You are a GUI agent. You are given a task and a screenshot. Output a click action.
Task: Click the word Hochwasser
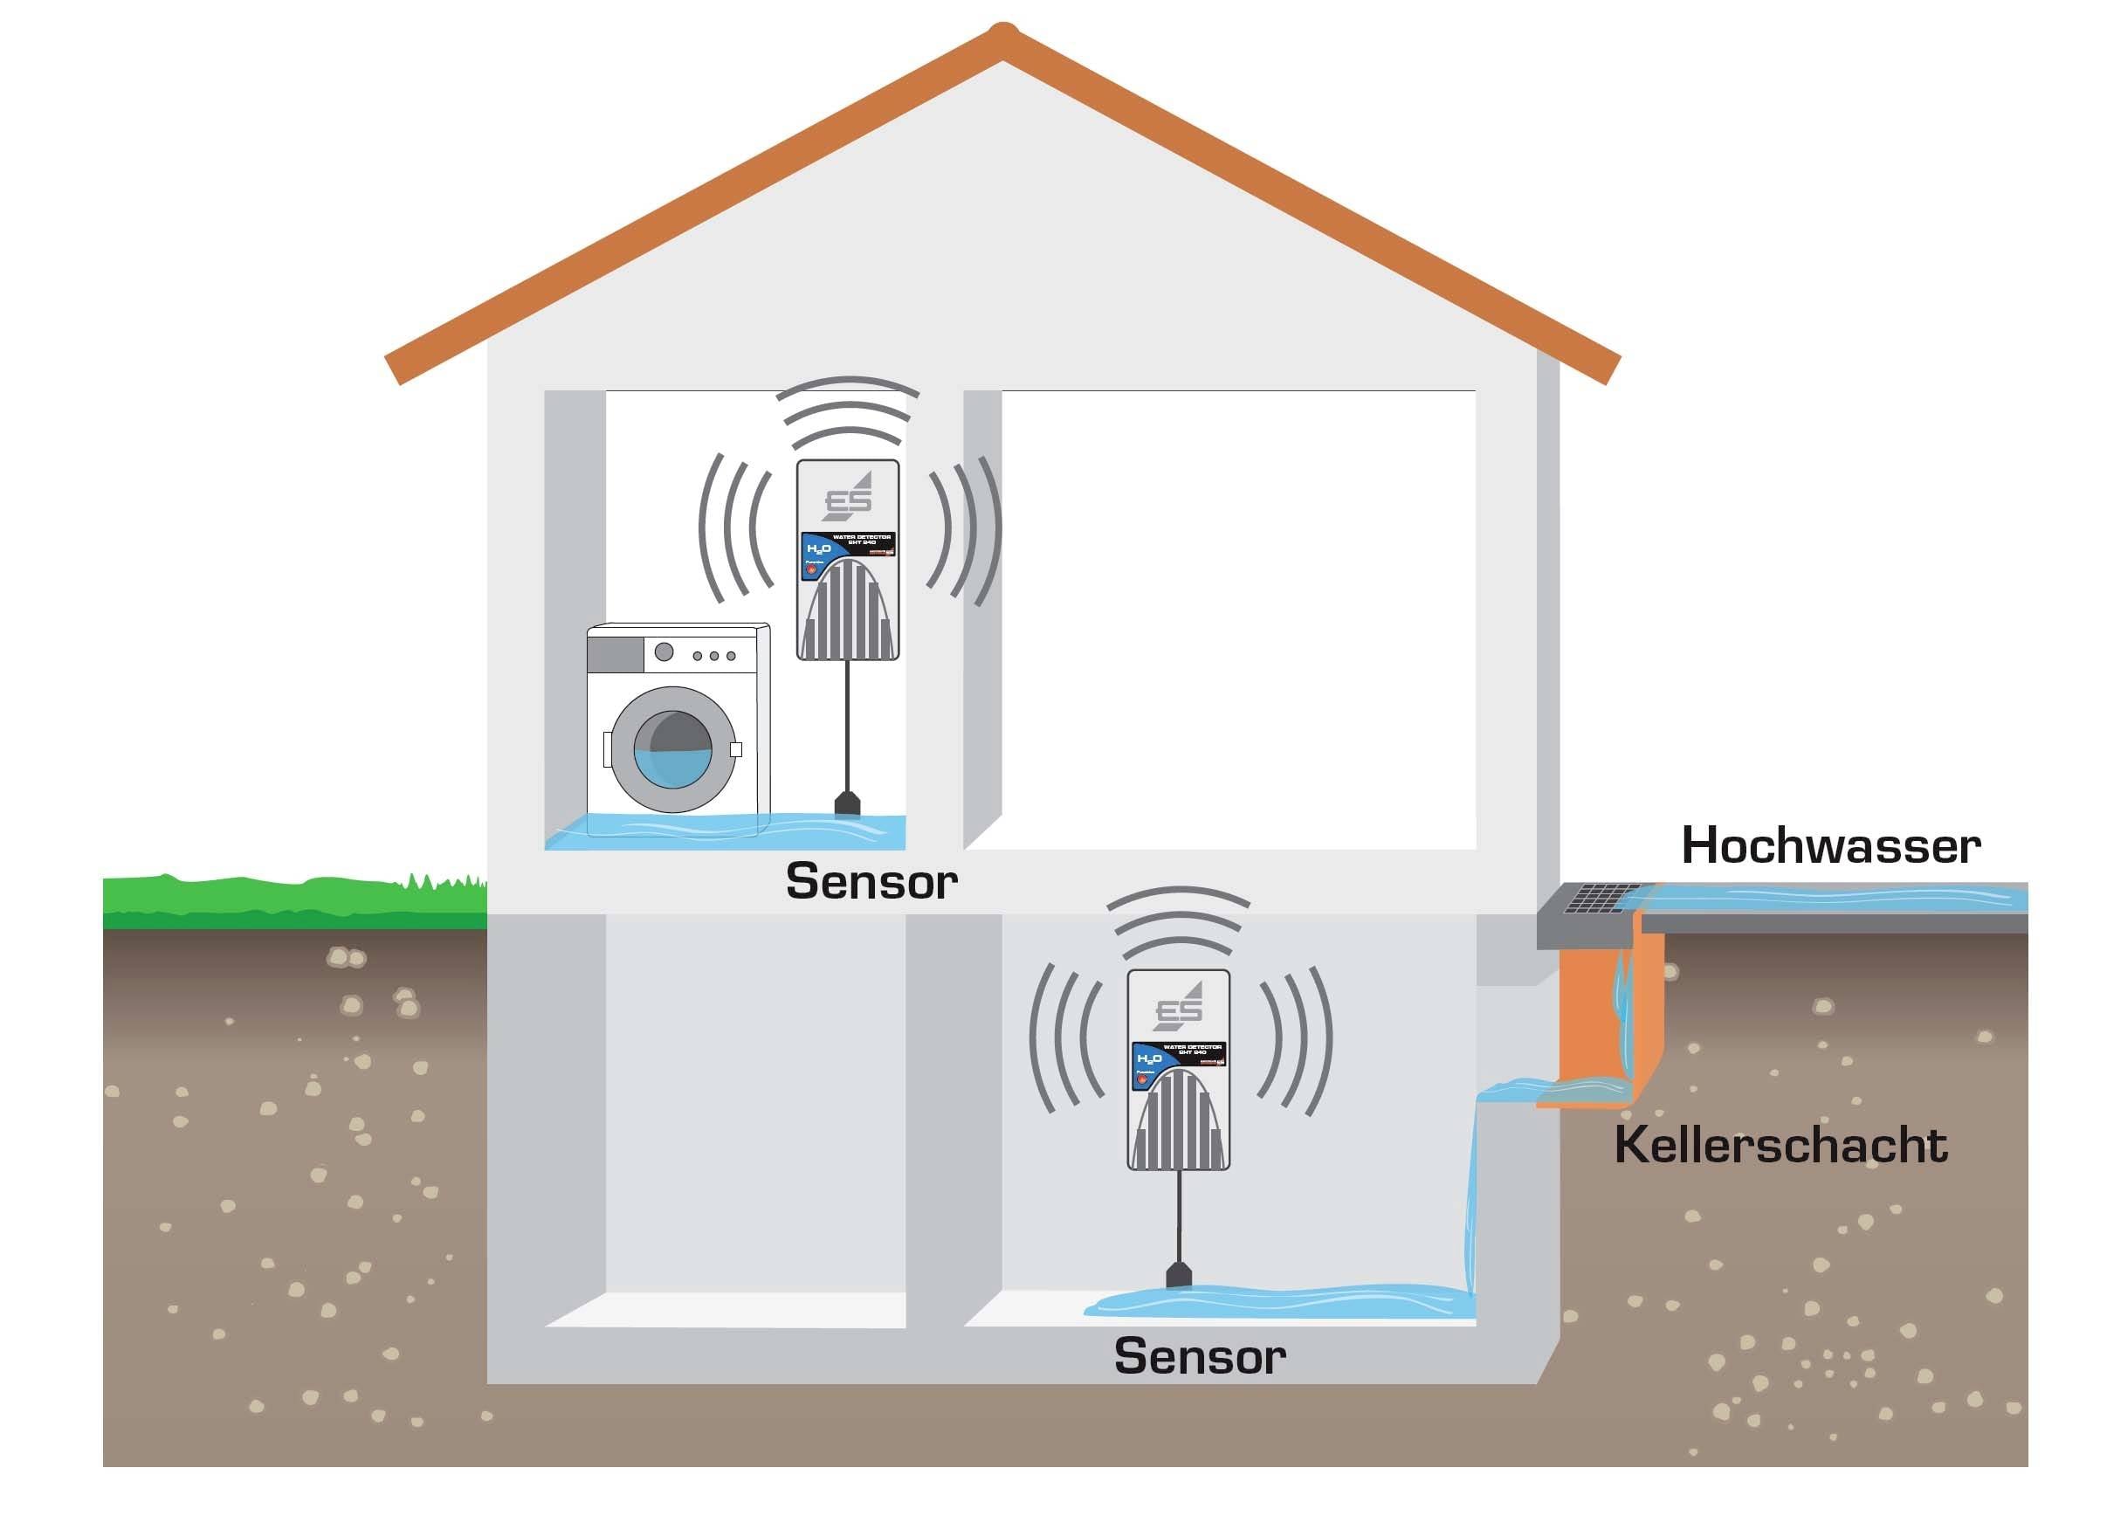[1830, 846]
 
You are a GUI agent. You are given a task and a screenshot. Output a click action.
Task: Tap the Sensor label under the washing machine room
[871, 881]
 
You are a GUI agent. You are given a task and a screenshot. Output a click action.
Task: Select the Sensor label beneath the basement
[1200, 1357]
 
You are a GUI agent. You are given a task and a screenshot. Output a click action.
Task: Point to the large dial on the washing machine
[664, 652]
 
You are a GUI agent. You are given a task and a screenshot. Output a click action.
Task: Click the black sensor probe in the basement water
[1179, 1275]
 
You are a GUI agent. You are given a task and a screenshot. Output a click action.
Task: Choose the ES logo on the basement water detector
[1179, 1006]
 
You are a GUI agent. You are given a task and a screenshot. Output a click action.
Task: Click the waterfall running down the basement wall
[1470, 1208]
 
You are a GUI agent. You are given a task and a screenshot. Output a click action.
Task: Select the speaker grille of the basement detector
[1179, 1120]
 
